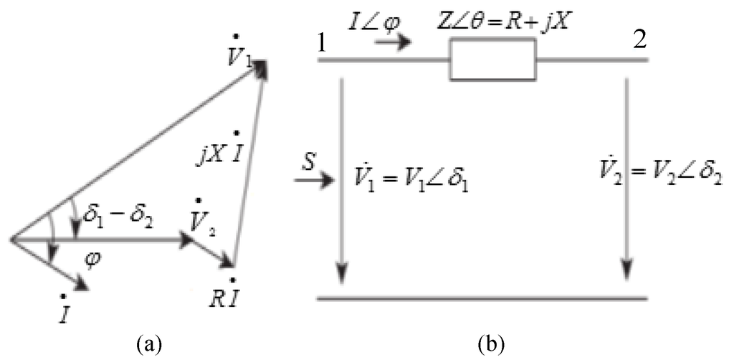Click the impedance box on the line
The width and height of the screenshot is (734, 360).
point(492,60)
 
